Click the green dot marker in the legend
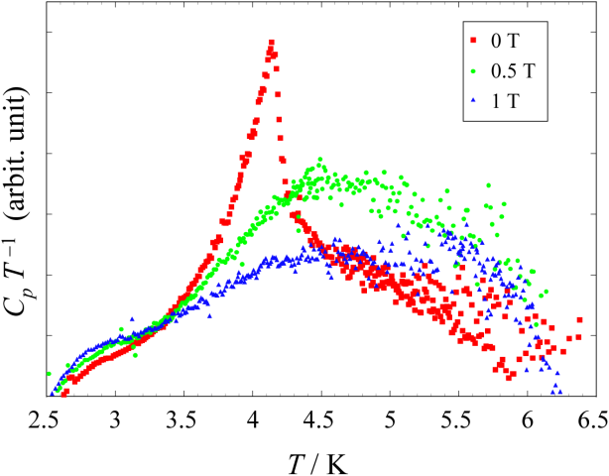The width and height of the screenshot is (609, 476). (474, 69)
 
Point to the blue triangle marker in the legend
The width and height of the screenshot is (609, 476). (474, 99)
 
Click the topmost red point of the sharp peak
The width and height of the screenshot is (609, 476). (271, 42)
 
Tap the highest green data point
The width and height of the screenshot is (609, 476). (319, 159)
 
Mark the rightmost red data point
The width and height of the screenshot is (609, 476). (579, 320)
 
